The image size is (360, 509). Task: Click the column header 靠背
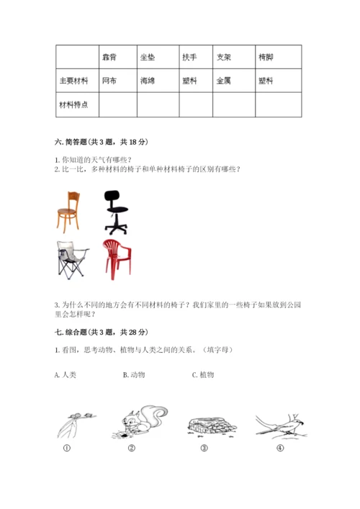tap(109, 57)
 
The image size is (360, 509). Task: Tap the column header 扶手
tap(189, 57)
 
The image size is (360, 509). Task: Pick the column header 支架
tap(223, 57)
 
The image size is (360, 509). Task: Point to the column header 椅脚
tap(266, 57)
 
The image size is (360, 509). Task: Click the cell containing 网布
tap(109, 81)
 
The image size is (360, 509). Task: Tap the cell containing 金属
tap(223, 81)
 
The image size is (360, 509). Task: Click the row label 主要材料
tap(73, 81)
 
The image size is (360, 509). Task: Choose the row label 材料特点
tap(73, 104)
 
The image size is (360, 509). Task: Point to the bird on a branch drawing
tap(279, 425)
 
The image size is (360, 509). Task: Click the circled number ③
tap(204, 447)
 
